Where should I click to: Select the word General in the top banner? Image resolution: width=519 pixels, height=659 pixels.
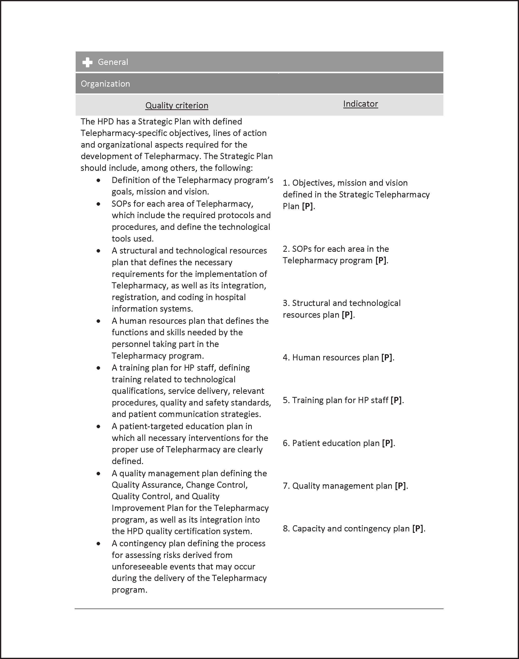click(113, 62)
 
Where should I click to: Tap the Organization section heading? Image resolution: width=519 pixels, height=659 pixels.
click(105, 84)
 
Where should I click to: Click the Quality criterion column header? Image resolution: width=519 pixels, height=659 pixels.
click(177, 105)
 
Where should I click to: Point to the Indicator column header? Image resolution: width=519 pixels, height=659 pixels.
click(360, 104)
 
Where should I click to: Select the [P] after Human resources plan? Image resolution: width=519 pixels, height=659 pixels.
click(387, 358)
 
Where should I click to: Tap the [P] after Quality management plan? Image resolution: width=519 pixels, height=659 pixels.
click(400, 486)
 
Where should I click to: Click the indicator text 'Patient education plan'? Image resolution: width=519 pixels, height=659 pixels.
click(336, 443)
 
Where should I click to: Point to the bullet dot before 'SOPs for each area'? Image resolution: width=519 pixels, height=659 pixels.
click(98, 204)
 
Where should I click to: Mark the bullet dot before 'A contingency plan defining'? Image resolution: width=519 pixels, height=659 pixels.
click(98, 544)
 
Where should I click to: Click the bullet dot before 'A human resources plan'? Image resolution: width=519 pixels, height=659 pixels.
click(98, 321)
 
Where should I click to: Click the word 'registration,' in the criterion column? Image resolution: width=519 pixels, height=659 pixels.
click(135, 297)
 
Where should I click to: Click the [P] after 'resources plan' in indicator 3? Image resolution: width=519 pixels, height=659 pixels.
click(347, 315)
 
